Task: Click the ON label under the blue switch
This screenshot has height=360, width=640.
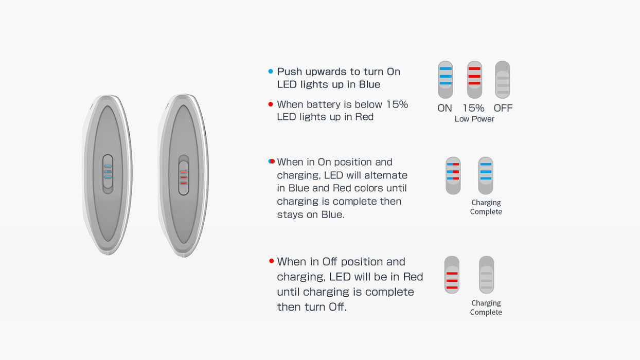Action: tap(445, 108)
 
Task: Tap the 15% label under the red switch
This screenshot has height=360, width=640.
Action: tap(474, 108)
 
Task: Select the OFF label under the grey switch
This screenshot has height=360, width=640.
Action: tap(503, 108)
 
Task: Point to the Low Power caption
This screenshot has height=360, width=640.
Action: tap(474, 119)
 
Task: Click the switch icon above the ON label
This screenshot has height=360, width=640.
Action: tap(446, 80)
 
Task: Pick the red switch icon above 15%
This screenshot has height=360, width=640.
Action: tap(474, 80)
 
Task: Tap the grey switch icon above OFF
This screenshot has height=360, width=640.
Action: tap(503, 80)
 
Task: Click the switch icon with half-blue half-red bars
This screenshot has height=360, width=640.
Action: tap(453, 176)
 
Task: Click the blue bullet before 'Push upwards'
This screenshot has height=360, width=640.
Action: tap(271, 71)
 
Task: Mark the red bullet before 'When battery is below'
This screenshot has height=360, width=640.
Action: tap(271, 104)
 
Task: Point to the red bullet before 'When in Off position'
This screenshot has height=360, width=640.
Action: tap(272, 261)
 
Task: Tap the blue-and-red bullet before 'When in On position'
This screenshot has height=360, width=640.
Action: tap(272, 161)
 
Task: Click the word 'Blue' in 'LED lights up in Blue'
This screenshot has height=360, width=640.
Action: tap(369, 84)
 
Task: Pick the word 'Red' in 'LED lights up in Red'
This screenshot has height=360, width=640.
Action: tap(364, 117)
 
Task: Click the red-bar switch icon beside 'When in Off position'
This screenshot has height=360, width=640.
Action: tap(452, 275)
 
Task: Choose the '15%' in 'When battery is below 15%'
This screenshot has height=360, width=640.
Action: tap(397, 104)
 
